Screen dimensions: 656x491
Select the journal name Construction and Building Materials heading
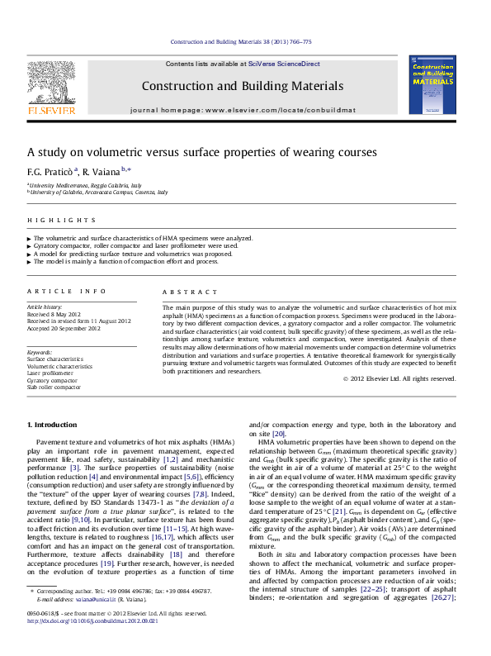243,85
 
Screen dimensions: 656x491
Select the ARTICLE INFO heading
67,291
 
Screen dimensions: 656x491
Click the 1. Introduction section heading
53,425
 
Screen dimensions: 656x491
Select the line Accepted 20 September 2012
64,328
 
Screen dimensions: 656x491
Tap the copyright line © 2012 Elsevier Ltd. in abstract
399,379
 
